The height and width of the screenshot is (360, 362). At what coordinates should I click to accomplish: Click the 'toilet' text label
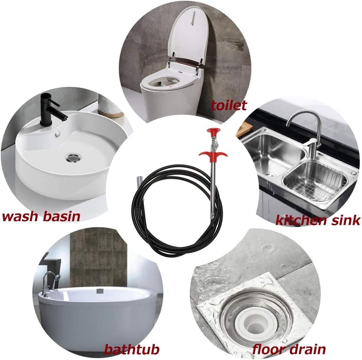(x=228, y=105)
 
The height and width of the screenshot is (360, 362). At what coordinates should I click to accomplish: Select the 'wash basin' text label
(x=41, y=217)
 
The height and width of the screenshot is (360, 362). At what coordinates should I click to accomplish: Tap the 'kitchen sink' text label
(x=318, y=220)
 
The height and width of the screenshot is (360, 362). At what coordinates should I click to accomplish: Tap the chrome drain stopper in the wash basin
(x=74, y=158)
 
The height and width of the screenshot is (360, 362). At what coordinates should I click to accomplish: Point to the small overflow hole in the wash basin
(x=58, y=133)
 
